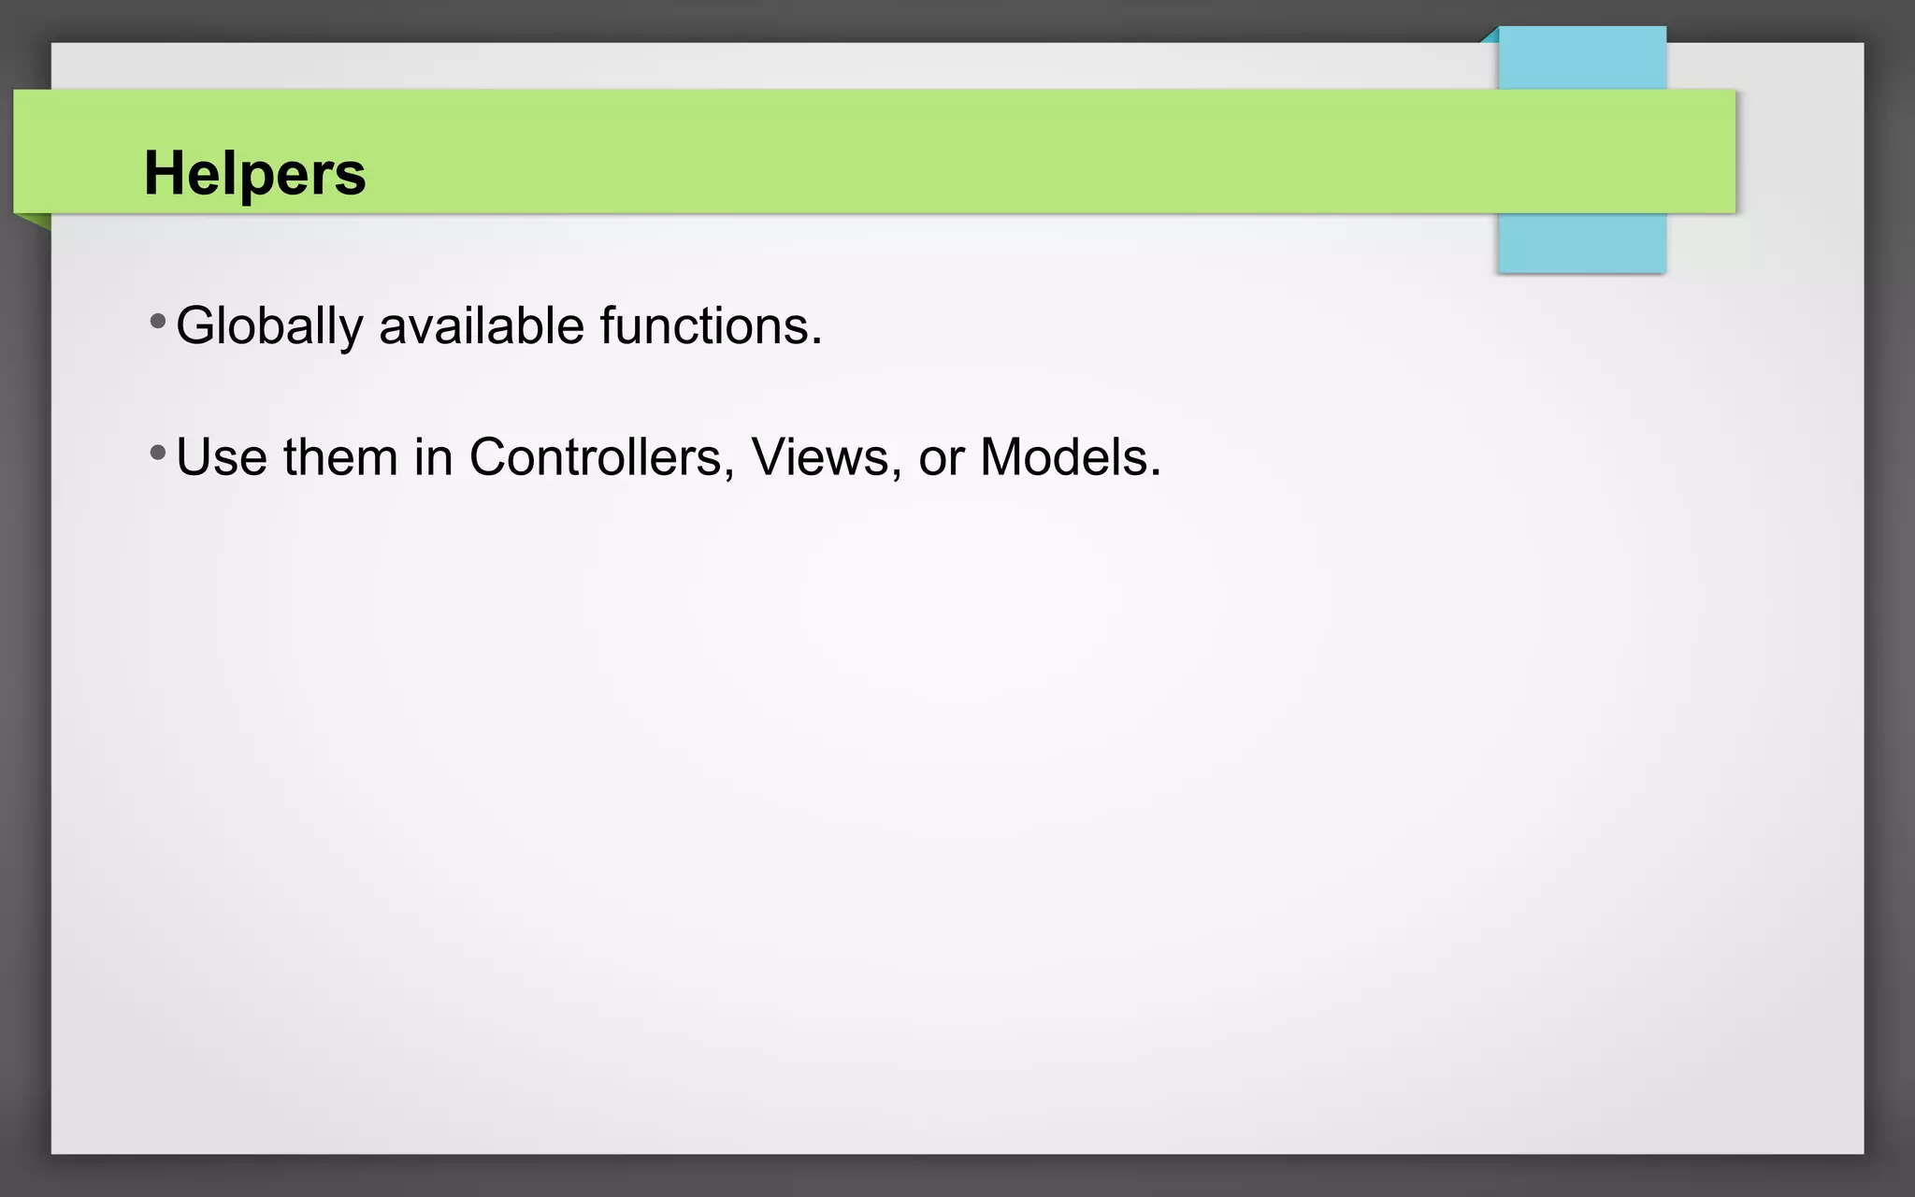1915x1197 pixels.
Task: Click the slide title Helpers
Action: point(254,174)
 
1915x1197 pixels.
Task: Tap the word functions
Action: point(705,326)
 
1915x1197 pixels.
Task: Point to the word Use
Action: point(221,458)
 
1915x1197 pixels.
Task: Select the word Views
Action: point(820,458)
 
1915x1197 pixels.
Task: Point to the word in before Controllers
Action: point(434,458)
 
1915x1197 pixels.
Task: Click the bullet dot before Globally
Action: point(158,323)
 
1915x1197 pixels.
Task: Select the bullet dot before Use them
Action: point(158,454)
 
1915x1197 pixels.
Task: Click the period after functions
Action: point(817,342)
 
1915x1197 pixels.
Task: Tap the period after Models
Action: point(1156,474)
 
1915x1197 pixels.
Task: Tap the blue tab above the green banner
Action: point(1582,58)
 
